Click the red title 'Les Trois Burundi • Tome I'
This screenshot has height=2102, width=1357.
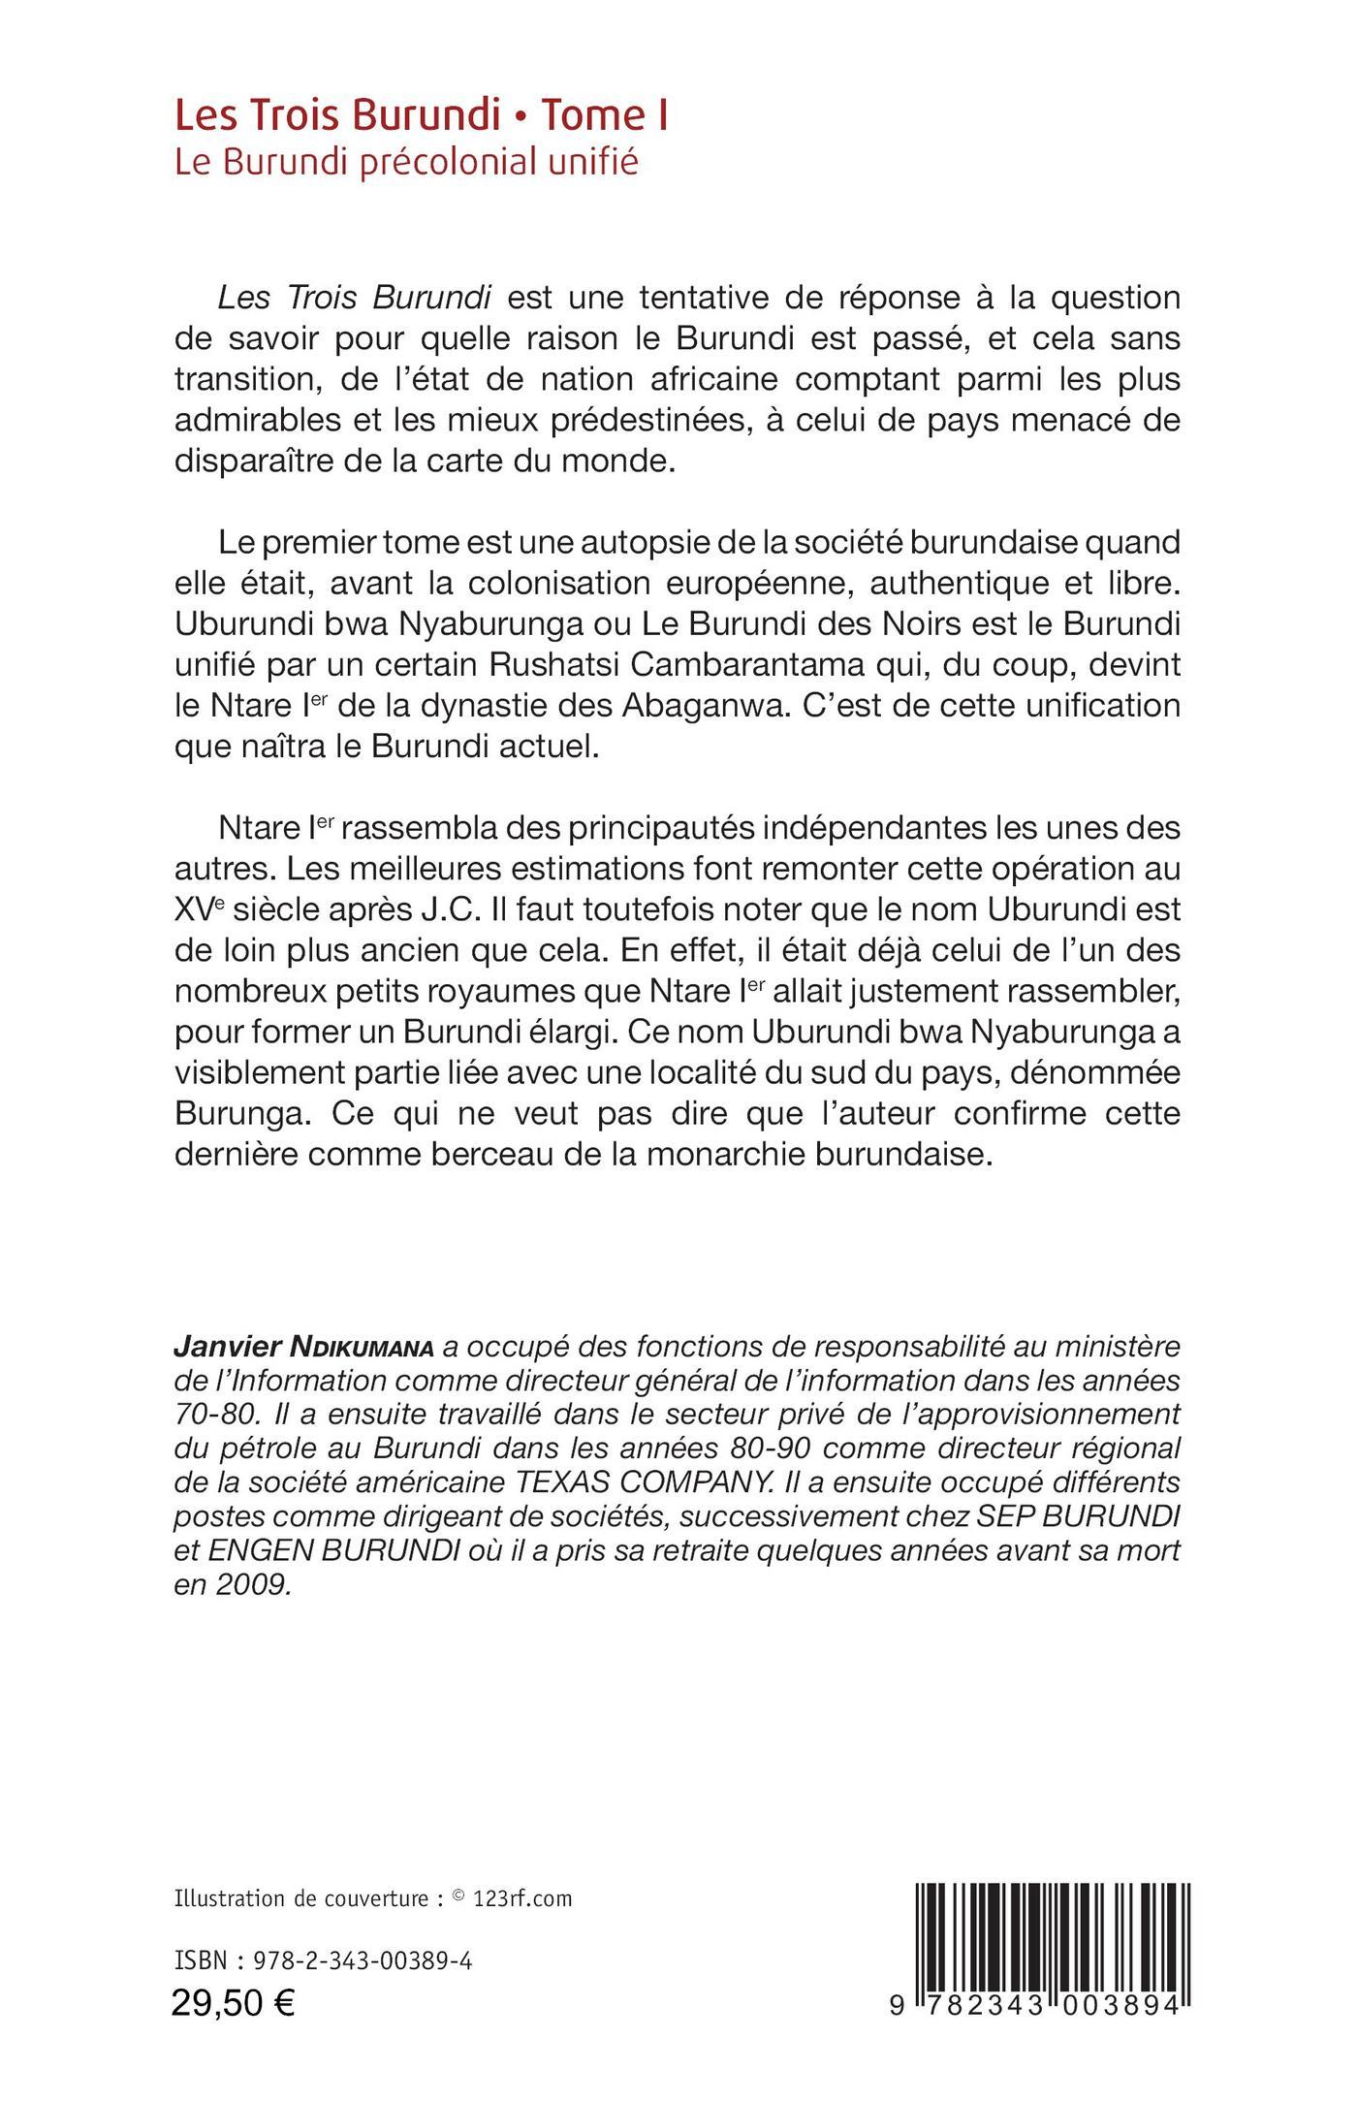pyautogui.click(x=423, y=117)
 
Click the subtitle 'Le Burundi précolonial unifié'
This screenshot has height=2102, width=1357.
pyautogui.click(x=406, y=162)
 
